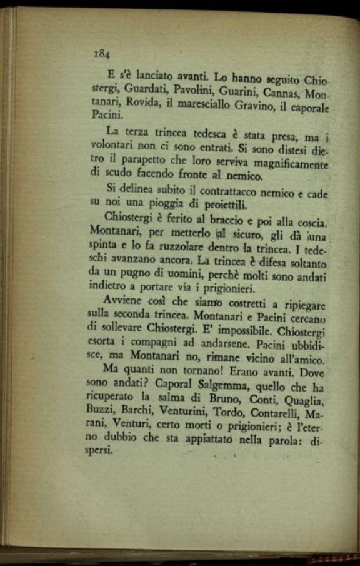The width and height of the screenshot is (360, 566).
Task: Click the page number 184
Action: (102, 54)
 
